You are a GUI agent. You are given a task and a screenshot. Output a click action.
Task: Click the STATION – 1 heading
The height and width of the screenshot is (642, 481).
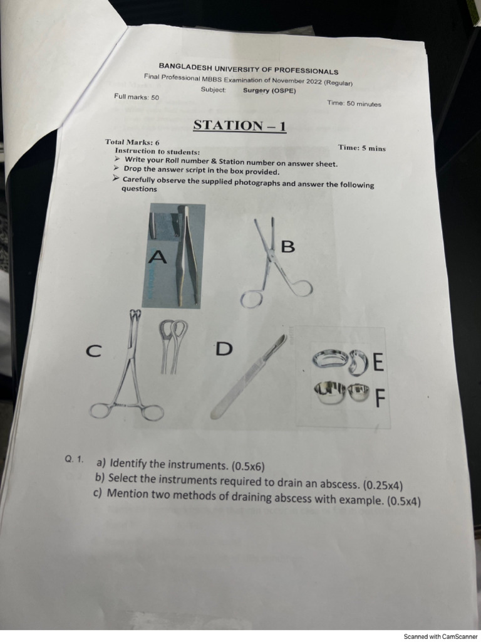tap(240, 125)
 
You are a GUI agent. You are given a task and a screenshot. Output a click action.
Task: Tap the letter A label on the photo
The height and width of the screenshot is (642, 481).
tap(159, 256)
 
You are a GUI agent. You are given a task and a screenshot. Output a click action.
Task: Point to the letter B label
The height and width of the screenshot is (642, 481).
tap(287, 247)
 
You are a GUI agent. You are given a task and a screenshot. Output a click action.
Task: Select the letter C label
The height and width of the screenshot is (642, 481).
tap(93, 352)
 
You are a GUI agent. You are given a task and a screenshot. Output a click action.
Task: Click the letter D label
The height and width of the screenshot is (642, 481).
tap(224, 349)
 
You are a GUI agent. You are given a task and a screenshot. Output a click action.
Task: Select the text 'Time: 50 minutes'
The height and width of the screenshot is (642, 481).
tap(354, 103)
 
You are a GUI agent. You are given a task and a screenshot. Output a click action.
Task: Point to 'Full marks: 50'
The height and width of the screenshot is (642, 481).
tap(137, 97)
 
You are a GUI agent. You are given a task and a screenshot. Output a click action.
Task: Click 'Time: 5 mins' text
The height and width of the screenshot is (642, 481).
tap(362, 148)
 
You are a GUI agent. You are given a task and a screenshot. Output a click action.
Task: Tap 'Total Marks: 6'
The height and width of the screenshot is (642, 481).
tap(132, 142)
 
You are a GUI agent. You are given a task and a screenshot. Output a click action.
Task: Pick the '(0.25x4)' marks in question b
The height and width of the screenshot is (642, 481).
tap(383, 485)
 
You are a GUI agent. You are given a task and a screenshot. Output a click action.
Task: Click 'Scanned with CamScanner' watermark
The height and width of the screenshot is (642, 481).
tap(440, 636)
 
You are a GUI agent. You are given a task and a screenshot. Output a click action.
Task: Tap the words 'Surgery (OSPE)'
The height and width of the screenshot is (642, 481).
tap(269, 90)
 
